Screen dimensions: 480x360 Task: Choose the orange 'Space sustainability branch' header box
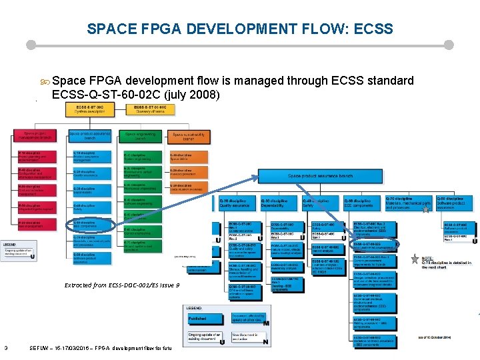(x=187, y=137)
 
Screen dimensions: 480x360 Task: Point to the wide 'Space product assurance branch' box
(x=319, y=176)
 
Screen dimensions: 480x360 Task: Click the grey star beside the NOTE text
(x=415, y=259)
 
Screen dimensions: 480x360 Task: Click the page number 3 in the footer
(x=5, y=347)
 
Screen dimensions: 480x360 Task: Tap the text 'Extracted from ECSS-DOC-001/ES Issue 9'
(x=122, y=285)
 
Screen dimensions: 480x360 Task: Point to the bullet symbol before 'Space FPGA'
(x=45, y=81)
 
